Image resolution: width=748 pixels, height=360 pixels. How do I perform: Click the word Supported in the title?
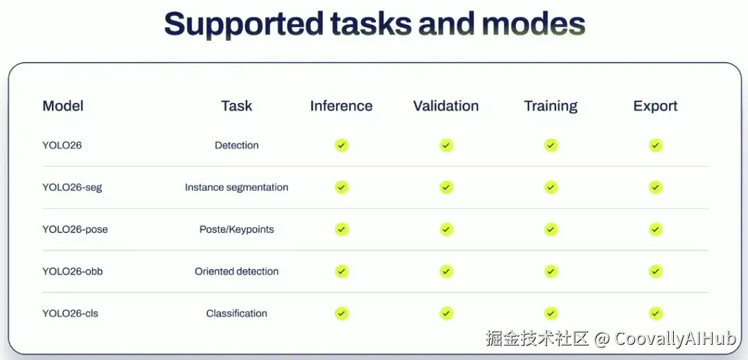(243, 24)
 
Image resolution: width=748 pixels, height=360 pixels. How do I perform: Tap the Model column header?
(63, 106)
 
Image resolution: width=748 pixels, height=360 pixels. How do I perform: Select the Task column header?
(237, 106)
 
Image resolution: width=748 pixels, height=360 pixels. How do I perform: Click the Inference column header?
(341, 106)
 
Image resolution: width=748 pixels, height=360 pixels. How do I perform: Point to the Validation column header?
(446, 106)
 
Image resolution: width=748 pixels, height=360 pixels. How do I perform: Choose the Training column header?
(551, 106)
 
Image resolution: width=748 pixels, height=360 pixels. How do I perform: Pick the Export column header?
(655, 106)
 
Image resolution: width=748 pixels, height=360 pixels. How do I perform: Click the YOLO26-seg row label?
(72, 188)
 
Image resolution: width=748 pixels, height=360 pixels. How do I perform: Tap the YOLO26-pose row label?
(75, 229)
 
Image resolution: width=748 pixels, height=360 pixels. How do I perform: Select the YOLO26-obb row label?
(73, 271)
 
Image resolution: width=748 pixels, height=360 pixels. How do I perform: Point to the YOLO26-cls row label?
(70, 314)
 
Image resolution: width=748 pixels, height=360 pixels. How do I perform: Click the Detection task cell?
(237, 145)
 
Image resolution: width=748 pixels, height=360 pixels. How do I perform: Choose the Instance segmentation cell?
(237, 188)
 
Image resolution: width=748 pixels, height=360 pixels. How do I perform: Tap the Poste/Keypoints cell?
(237, 229)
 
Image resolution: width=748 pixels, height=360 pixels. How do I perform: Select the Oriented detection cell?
(237, 271)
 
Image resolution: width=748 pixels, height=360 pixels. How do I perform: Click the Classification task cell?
(237, 314)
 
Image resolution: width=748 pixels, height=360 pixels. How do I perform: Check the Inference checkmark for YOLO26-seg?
(341, 188)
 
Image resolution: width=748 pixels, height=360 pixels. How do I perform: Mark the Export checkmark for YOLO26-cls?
(655, 314)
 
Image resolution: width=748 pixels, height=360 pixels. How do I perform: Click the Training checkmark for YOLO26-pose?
(551, 229)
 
